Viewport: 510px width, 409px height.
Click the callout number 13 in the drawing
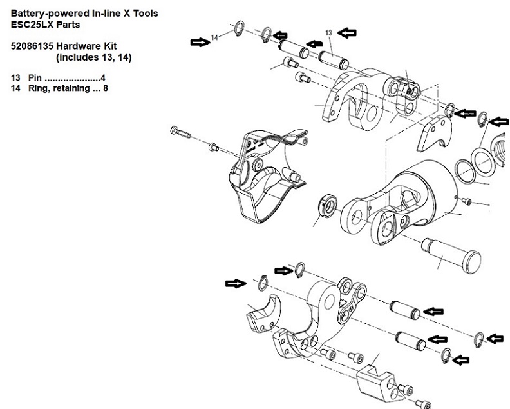tap(328, 32)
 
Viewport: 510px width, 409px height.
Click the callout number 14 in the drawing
tap(215, 38)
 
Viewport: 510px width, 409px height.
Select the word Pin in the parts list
tap(35, 78)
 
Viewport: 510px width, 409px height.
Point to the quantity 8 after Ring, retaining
tap(104, 88)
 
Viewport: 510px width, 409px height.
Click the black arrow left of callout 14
tap(199, 42)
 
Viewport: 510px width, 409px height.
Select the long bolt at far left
tap(180, 132)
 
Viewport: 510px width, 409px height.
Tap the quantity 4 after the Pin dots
tap(103, 78)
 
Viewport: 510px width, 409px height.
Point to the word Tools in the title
tap(142, 13)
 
